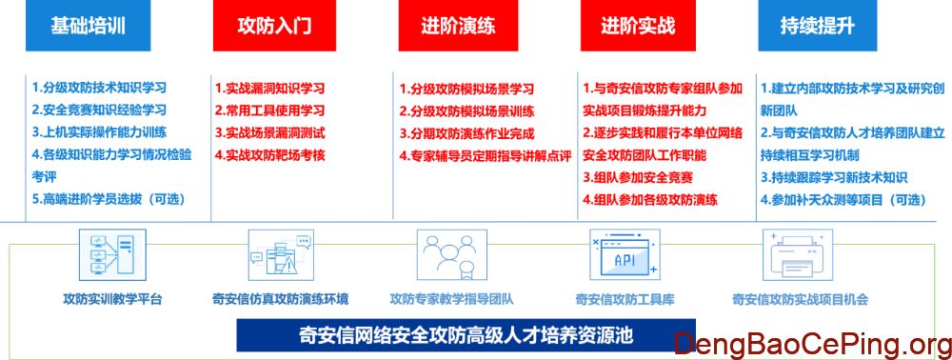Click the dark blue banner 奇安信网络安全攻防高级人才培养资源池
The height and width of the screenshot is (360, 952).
point(466,335)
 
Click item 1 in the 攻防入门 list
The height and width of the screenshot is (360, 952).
point(271,88)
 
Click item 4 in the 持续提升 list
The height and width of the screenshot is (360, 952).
point(828,199)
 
